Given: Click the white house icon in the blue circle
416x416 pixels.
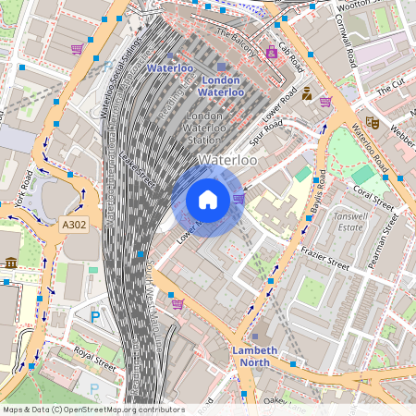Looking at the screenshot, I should tap(208, 200).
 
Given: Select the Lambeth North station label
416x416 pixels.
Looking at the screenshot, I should tap(250, 356).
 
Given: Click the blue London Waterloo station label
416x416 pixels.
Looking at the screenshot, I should tap(221, 86).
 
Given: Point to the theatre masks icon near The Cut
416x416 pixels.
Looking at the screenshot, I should tap(372, 121).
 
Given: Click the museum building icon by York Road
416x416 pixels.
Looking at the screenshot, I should tap(10, 263).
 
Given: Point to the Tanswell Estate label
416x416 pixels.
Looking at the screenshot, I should tap(352, 218).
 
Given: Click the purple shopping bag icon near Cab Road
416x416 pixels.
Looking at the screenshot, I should tap(271, 53).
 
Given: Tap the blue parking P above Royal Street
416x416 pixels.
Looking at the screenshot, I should tap(94, 317).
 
